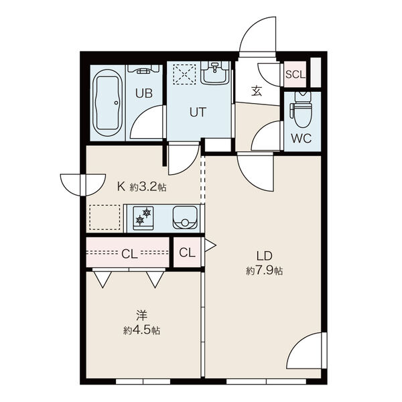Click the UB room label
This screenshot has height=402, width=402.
[144, 93]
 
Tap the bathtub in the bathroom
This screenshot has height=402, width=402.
[107, 103]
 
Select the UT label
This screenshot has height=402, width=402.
[198, 112]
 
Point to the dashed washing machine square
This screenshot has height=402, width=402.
[184, 74]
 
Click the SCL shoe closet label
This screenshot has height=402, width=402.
[295, 74]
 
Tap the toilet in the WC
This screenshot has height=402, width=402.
[302, 109]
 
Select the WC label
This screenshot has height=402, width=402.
[301, 139]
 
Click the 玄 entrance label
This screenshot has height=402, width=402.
[257, 91]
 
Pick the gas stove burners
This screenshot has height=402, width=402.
[143, 218]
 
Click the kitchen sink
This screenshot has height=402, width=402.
[185, 218]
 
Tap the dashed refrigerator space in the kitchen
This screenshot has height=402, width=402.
[105, 217]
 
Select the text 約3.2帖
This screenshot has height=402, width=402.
[148, 187]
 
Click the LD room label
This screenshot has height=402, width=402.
[265, 256]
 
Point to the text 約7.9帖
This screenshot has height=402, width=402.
[265, 271]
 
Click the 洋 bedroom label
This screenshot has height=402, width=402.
[141, 315]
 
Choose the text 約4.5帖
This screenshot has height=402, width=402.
[141, 330]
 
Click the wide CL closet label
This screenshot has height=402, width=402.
[129, 254]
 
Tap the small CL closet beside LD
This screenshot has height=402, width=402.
[187, 253]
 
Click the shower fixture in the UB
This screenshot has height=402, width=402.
[143, 69]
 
